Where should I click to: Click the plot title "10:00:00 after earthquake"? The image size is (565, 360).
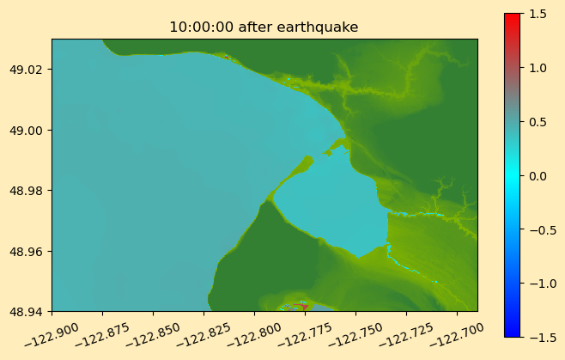pyautogui.click(x=264, y=27)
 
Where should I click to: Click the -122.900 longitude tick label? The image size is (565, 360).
pyautogui.click(x=52, y=334)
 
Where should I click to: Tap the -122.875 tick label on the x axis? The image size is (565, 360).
pyautogui.click(x=102, y=334)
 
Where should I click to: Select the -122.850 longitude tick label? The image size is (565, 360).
pyautogui.click(x=153, y=334)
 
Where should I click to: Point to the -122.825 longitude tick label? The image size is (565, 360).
pyautogui.click(x=204, y=334)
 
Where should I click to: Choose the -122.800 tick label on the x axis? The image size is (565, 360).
pyautogui.click(x=254, y=334)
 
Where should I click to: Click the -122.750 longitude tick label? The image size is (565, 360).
pyautogui.click(x=355, y=334)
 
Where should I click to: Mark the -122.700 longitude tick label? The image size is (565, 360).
pyautogui.click(x=457, y=334)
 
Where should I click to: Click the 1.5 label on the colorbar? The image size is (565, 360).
pyautogui.click(x=538, y=14)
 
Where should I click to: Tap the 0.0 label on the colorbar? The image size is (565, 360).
pyautogui.click(x=538, y=176)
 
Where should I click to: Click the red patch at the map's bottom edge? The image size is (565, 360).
pyautogui.click(x=301, y=307)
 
